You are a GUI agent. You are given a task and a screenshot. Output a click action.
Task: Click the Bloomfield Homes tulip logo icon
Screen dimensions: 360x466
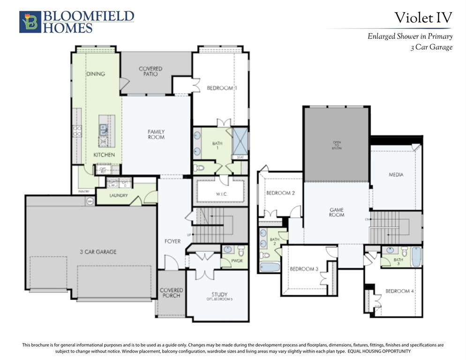coord(30,22)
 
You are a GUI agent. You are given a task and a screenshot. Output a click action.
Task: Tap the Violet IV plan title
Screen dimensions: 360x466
coord(423,18)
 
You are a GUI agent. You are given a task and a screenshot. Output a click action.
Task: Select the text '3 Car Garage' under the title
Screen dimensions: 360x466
coord(431,47)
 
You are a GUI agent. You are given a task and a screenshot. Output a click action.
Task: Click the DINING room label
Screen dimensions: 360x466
coord(96,74)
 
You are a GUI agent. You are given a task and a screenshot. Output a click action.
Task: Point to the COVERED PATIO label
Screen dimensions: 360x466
coord(150,71)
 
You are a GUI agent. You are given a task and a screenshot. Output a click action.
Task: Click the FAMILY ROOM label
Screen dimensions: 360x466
coord(156,135)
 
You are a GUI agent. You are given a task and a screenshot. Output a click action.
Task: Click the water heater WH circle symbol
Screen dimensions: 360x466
coord(90,201)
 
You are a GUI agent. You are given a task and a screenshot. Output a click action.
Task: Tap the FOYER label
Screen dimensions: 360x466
coord(173,241)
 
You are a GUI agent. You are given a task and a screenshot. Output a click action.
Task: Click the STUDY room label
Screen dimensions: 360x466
coord(219,295)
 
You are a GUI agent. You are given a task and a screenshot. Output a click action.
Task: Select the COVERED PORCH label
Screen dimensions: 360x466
coord(171,293)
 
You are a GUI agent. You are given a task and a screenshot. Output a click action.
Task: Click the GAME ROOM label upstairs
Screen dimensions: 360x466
coord(337,212)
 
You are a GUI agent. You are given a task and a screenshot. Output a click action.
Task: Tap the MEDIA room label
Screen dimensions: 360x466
coord(396,175)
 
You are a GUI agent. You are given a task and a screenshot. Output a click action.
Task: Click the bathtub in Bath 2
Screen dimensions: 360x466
coord(269,267)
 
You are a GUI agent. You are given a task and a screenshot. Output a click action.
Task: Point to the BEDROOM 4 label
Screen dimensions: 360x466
coord(399,291)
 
